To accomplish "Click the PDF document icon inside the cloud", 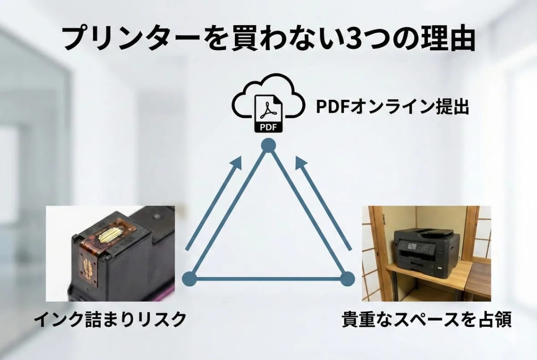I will pyautogui.click(x=268, y=114).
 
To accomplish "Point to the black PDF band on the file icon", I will pyautogui.click(x=268, y=127).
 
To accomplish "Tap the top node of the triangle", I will pyautogui.click(x=268, y=145).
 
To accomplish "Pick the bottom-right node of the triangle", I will pyautogui.click(x=347, y=279).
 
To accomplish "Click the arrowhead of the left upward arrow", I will pyautogui.click(x=237, y=162).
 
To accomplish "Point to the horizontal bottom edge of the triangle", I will pyautogui.click(x=268, y=279).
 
